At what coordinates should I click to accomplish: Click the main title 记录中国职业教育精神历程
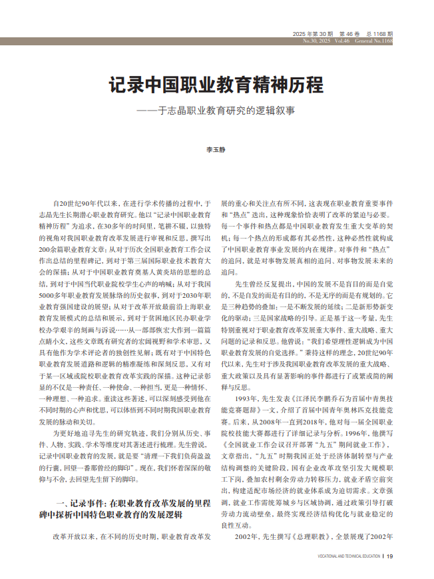(216, 86)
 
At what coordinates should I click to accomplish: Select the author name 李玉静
(216, 150)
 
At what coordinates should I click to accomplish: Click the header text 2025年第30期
(313, 33)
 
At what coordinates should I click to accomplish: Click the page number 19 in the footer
(390, 556)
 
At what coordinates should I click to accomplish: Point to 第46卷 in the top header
(350, 33)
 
